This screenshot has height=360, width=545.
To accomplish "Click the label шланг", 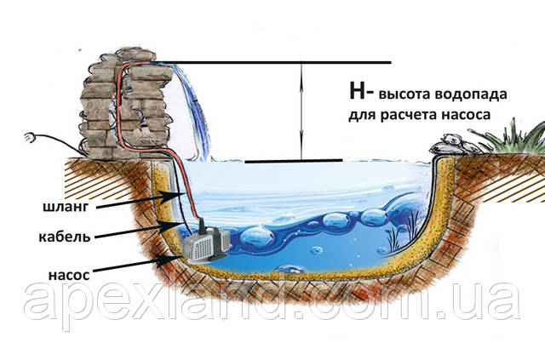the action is coord(66,207).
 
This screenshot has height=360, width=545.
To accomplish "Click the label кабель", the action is coord(65,237).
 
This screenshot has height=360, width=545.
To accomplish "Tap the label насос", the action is coord(69,275).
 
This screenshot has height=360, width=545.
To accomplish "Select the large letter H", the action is coord(357,92).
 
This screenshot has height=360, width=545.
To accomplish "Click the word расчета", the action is coord(409,115).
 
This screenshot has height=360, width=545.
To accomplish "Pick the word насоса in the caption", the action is coord(466,115).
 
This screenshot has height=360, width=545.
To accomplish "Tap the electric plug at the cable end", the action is coord(30,138).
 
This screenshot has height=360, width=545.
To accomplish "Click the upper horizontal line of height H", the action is coord(274,62).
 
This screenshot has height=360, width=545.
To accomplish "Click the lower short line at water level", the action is coord(294,161).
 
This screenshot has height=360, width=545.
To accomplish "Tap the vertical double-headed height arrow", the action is coord(301,111).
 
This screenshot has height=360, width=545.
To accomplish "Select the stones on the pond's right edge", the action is coord(455,144).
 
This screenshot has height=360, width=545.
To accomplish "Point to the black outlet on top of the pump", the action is coord(203,228).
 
